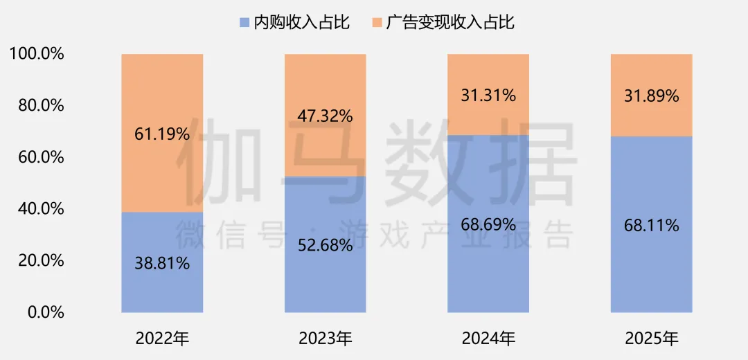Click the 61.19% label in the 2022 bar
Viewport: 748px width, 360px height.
(x=162, y=134)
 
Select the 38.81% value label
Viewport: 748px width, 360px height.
(x=162, y=263)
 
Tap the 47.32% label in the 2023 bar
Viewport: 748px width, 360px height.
(x=326, y=115)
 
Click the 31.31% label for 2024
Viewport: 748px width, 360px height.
(x=488, y=96)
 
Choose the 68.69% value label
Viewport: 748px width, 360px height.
(x=488, y=224)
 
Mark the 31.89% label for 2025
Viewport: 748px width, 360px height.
(x=651, y=96)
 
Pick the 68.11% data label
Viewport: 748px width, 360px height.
(x=651, y=225)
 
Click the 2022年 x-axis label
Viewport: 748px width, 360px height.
(x=162, y=339)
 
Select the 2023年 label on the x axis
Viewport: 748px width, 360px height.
(x=326, y=339)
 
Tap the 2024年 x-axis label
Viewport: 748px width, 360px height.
(x=488, y=339)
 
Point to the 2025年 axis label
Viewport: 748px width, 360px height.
(x=651, y=339)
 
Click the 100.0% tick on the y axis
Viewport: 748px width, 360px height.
(x=37, y=54)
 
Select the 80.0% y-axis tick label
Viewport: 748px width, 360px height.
(x=40, y=105)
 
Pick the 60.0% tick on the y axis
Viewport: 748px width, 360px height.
(x=40, y=157)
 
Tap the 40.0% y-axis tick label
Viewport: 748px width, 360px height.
(x=40, y=208)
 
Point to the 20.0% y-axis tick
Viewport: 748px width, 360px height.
(x=40, y=260)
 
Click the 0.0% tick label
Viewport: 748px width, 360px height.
(x=44, y=312)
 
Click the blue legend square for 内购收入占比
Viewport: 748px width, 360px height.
(x=244, y=23)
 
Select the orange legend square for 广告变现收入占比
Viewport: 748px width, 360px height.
(x=376, y=23)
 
